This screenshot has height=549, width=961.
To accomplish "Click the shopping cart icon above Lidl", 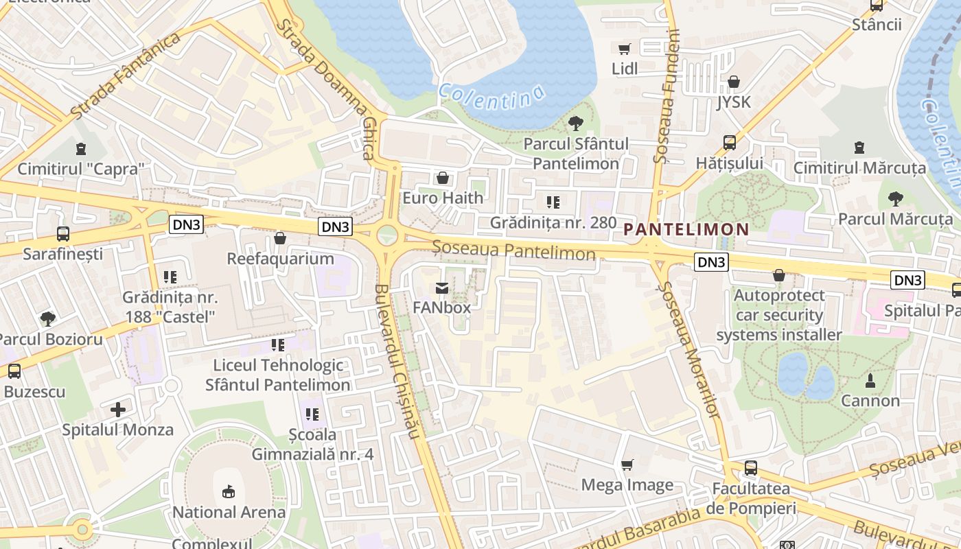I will click(624, 49).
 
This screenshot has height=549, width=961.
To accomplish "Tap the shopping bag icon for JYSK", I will click(734, 82).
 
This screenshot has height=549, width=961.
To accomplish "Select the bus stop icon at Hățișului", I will click(730, 143).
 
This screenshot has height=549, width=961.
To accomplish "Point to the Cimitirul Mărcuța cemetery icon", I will click(859, 148).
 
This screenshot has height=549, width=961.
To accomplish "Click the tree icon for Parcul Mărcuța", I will click(895, 199).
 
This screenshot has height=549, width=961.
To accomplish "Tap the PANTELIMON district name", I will click(686, 230).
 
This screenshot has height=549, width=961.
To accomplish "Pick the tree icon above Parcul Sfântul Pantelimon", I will click(575, 124).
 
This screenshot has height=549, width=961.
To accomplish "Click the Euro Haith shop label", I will click(443, 198).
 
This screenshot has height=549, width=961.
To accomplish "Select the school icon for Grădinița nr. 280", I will click(553, 202).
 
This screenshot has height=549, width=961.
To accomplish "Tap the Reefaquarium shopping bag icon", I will click(280, 238).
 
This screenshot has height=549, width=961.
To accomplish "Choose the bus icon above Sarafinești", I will click(63, 233).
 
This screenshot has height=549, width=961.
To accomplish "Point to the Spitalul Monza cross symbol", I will click(118, 410).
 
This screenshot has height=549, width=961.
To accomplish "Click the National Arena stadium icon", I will click(229, 491).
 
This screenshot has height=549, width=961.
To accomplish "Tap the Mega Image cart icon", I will click(627, 465).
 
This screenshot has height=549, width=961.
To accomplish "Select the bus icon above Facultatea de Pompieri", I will click(751, 468).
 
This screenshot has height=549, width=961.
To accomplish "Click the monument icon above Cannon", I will click(870, 380).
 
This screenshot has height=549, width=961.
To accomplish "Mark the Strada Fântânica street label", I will click(125, 75).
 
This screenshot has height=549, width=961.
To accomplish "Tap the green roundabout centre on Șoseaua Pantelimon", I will click(388, 235).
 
